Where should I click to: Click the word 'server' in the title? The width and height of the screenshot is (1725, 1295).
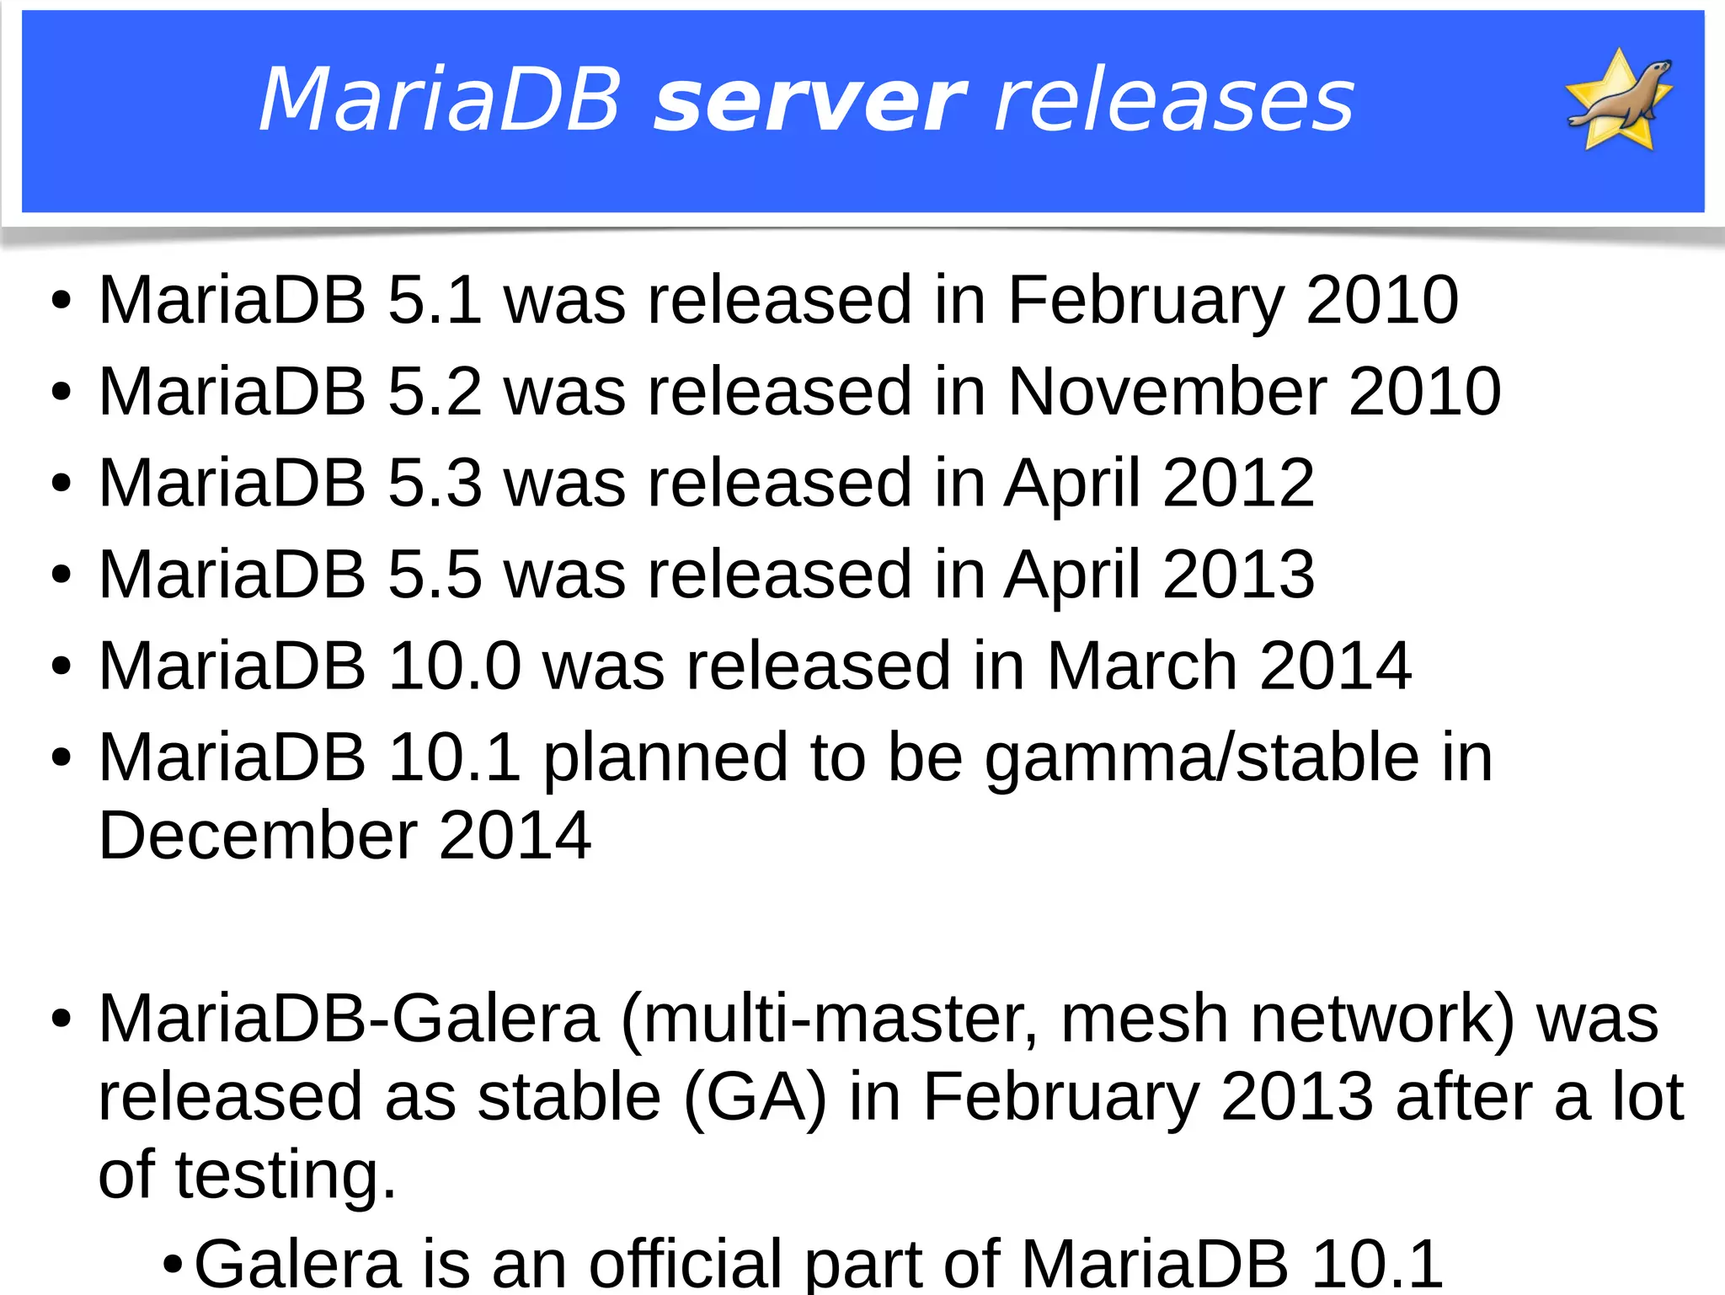tap(809, 103)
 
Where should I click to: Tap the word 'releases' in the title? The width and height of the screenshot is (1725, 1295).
tap(1174, 103)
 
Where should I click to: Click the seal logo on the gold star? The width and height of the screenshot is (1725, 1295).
tap(1618, 99)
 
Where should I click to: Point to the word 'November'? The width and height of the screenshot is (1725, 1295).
tap(1167, 392)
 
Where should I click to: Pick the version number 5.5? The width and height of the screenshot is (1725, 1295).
tap(435, 575)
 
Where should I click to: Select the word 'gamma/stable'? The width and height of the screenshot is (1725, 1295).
tap(1202, 758)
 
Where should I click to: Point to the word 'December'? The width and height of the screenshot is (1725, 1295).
tap(258, 836)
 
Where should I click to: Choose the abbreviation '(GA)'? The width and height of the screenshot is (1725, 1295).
tap(755, 1097)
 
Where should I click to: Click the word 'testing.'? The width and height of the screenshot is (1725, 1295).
tap(286, 1175)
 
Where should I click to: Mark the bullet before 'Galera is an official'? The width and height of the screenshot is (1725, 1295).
tap(172, 1265)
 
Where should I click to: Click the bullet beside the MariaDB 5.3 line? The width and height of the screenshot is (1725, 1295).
tap(61, 484)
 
